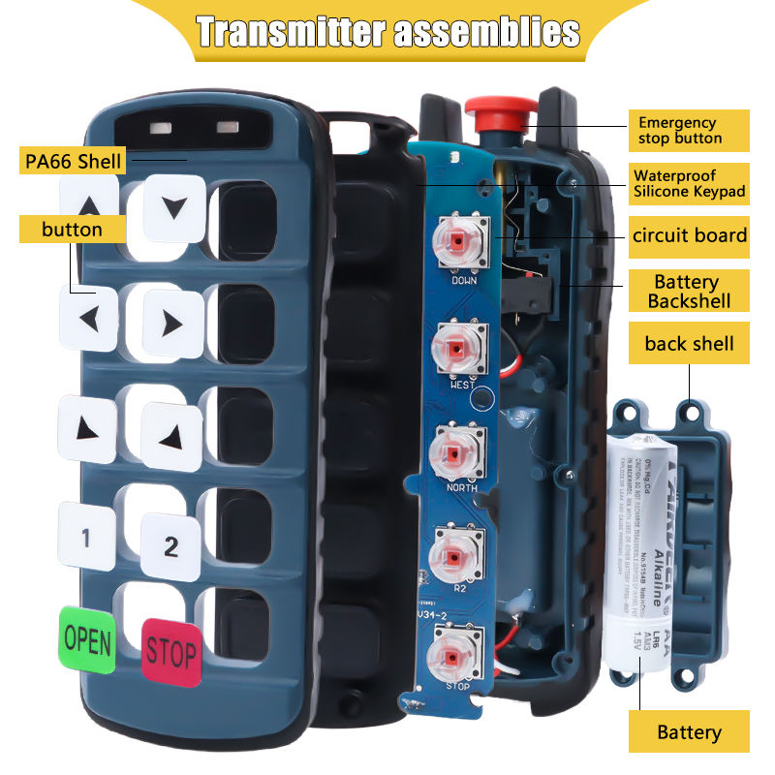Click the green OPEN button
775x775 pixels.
point(87,639)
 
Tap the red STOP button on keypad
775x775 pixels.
point(172,650)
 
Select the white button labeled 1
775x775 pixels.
point(85,536)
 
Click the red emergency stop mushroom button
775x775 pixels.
point(496,110)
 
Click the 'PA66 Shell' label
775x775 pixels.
point(73,159)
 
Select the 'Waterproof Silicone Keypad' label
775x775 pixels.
point(690,184)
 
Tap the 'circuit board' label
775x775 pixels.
point(689,235)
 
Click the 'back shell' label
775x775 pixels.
point(689,343)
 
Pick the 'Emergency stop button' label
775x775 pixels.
point(689,130)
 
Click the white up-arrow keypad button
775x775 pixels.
point(89,205)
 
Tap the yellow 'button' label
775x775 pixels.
point(73,230)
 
